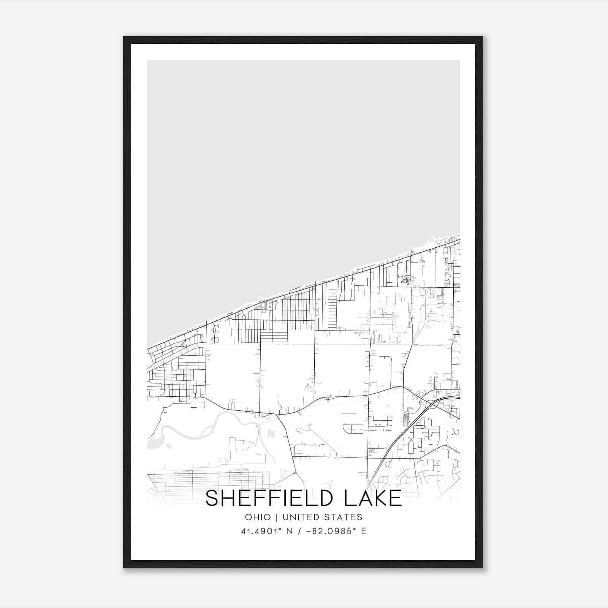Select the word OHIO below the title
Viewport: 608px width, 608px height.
pyautogui.click(x=258, y=517)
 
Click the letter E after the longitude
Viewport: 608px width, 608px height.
pyautogui.click(x=364, y=531)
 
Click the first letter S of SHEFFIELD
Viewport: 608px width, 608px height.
pyautogui.click(x=212, y=499)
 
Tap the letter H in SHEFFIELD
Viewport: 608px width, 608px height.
pyautogui.click(x=228, y=499)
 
